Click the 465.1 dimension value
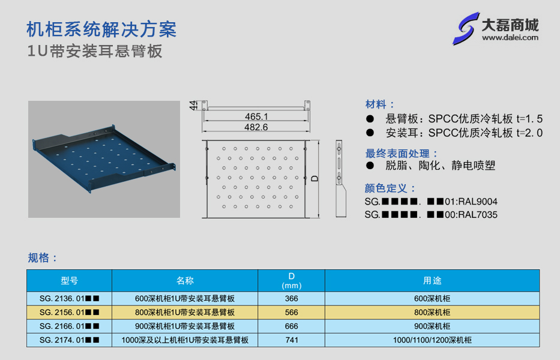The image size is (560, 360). pyautogui.click(x=256, y=116)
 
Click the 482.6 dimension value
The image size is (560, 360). pyautogui.click(x=256, y=127)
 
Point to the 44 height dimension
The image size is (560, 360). pyautogui.click(x=193, y=105)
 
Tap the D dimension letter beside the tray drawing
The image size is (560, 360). pyautogui.click(x=315, y=178)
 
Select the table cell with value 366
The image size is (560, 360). pyautogui.click(x=292, y=299)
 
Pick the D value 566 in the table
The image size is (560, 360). pyautogui.click(x=292, y=312)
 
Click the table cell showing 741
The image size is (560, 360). pyautogui.click(x=292, y=340)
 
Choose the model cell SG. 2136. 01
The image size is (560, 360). pyautogui.click(x=69, y=299)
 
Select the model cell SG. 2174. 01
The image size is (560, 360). pyautogui.click(x=69, y=340)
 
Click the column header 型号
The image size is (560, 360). pyautogui.click(x=69, y=280)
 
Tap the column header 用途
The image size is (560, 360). pyautogui.click(x=432, y=280)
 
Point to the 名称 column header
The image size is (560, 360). pyautogui.click(x=185, y=280)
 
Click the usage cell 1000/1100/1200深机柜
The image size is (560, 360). pyautogui.click(x=432, y=340)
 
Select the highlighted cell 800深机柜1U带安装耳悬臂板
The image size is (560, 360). pyautogui.click(x=185, y=312)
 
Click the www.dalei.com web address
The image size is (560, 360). pyautogui.click(x=510, y=37)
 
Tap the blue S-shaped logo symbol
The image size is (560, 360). pyautogui.click(x=465, y=29)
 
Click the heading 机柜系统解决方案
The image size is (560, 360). pyautogui.click(x=102, y=29)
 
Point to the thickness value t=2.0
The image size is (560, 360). pyautogui.click(x=529, y=133)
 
